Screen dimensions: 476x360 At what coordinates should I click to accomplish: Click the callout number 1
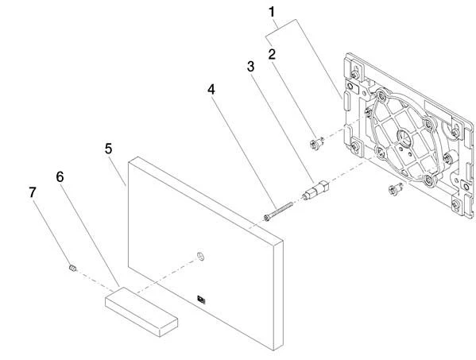(272, 12)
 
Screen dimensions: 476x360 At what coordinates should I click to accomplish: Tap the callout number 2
(272, 54)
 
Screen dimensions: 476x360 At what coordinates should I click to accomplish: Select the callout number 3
(250, 67)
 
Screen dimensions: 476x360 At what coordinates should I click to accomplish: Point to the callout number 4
(211, 90)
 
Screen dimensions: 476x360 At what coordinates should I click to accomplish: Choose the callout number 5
(109, 149)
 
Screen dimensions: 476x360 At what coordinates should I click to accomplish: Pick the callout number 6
(60, 176)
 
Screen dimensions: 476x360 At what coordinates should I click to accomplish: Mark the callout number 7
(33, 192)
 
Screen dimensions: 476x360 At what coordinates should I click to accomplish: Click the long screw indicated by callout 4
(278, 211)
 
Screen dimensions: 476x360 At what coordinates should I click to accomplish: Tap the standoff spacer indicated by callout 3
(315, 190)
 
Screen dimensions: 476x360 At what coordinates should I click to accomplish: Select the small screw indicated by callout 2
(316, 143)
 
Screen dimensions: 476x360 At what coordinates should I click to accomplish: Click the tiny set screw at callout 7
(72, 268)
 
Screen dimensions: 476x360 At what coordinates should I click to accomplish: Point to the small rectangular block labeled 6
(141, 312)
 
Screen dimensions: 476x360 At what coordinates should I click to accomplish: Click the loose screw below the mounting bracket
(396, 189)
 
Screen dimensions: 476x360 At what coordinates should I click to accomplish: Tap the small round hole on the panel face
(200, 256)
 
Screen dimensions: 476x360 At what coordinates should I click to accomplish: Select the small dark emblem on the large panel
(201, 300)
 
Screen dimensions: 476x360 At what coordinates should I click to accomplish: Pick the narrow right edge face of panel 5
(278, 294)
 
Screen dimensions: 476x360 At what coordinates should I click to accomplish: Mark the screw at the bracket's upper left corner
(355, 74)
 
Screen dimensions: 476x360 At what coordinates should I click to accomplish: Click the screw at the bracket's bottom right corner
(455, 205)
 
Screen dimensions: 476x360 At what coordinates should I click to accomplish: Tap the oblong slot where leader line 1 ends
(346, 102)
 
